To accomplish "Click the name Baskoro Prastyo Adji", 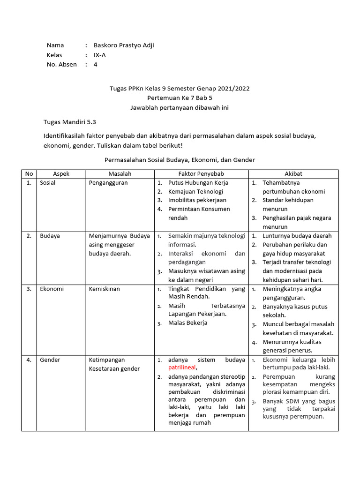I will [x=123, y=45].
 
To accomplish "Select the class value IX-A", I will [x=99, y=55].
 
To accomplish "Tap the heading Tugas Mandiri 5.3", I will [x=69, y=121].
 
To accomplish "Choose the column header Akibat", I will [x=293, y=174].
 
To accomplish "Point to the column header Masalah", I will [x=120, y=174].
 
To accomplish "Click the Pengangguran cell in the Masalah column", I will [x=108, y=183].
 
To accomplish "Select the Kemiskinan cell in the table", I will [x=104, y=289].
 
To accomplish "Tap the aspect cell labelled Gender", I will [x=50, y=360].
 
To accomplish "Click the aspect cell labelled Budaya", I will [x=50, y=236].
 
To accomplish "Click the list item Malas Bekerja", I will [x=187, y=322].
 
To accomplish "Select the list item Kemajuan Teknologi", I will [x=195, y=191].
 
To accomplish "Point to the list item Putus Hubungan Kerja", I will [x=198, y=183].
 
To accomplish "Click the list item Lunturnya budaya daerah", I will [x=297, y=236].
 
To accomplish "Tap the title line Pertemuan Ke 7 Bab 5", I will [x=180, y=98].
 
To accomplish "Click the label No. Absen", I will [x=61, y=65].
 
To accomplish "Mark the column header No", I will [x=29, y=174].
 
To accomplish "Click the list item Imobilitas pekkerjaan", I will [x=197, y=200].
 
